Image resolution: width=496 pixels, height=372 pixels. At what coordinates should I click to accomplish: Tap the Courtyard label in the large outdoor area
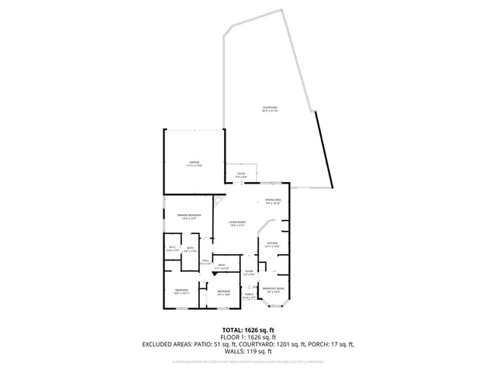(270, 108)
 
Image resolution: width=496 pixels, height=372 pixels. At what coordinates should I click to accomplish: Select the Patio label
(241, 175)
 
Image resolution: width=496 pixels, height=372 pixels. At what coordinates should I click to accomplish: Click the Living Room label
(236, 223)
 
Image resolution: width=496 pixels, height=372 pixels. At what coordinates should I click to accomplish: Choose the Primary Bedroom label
(189, 216)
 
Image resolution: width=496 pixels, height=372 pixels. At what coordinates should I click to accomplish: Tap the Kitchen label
(272, 245)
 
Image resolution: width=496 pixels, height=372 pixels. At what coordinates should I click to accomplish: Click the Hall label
(206, 262)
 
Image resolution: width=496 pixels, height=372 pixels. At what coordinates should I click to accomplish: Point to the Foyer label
(250, 272)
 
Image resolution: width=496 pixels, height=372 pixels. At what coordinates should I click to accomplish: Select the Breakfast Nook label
(272, 290)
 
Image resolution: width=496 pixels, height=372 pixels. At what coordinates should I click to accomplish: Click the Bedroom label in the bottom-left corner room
(181, 292)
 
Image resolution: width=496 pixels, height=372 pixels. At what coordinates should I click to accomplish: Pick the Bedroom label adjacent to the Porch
(224, 292)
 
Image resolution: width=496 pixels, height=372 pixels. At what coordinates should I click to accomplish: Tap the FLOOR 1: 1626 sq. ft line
(248, 337)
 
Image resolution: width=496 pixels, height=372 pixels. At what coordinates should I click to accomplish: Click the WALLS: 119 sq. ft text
(248, 351)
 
